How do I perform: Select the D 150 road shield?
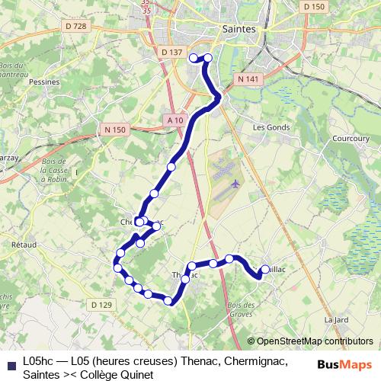pos(313,6)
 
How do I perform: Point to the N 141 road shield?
pos(249,78)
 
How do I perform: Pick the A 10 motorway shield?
pos(174,120)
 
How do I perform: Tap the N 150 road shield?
pos(114,130)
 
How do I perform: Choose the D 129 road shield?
pos(101,305)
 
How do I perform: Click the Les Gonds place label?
pos(268,126)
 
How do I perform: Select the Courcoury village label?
pos(351,139)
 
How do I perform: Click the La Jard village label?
pos(336,319)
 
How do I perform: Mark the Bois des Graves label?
pos(239,309)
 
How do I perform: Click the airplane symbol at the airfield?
pos(235,184)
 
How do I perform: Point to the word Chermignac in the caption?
pos(255,360)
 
